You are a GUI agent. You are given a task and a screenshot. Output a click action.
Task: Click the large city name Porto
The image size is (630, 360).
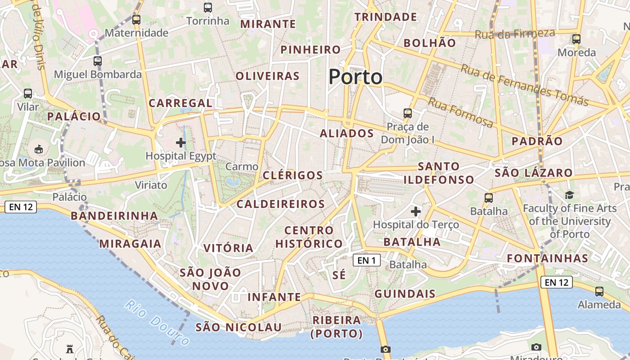click(x=355, y=77)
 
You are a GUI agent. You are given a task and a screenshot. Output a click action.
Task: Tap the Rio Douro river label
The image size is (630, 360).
click(x=157, y=323)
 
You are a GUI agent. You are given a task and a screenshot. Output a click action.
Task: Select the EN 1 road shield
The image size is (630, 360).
click(x=367, y=260)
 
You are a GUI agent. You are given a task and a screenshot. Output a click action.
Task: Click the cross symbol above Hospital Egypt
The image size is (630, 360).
click(x=181, y=143)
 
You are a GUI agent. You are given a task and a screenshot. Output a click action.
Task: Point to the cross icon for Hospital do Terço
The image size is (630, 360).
click(x=416, y=211)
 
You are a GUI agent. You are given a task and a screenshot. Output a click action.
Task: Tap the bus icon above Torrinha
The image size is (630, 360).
click(x=207, y=8)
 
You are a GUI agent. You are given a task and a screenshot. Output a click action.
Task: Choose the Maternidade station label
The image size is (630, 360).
click(x=136, y=33)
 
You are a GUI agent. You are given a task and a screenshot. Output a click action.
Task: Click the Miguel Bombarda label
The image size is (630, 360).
click(x=98, y=74)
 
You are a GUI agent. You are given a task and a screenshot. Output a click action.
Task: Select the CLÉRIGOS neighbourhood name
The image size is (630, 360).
click(x=292, y=175)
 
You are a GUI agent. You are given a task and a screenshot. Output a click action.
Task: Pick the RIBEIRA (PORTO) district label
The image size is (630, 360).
click(x=337, y=327)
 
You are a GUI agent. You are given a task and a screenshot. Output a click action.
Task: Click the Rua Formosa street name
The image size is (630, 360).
click(x=460, y=112)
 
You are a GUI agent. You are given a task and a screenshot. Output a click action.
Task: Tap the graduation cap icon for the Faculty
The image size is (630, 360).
click(x=569, y=195)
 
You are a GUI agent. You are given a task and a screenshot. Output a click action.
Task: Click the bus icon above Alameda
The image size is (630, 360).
click(x=599, y=292)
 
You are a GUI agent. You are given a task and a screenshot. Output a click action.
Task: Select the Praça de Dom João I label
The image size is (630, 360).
click(x=408, y=133)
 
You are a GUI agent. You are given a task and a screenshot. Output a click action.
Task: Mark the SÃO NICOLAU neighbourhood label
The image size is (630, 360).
click(x=238, y=327)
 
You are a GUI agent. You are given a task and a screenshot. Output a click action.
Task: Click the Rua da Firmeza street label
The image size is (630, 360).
click(x=515, y=33)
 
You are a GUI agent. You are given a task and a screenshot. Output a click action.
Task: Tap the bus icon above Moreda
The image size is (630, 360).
click(x=576, y=39)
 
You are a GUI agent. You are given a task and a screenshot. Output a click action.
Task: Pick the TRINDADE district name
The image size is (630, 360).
click(x=386, y=17)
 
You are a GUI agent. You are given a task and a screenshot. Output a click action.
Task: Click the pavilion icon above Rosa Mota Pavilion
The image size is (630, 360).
click(x=39, y=149)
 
